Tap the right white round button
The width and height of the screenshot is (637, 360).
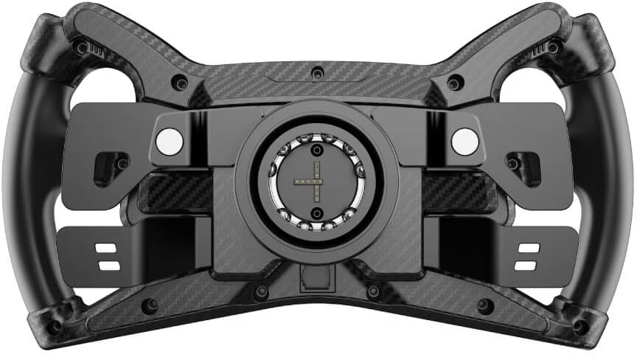coord(464,140)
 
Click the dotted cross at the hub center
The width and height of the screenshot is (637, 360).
coord(317,181)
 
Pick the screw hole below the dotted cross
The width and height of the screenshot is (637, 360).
coord(317,212)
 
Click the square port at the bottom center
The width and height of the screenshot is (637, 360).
coord(317,278)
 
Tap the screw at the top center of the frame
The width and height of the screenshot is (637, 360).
coord(318,73)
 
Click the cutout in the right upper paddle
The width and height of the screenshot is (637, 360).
coord(523,165)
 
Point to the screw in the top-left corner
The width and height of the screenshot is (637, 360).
coord(80,47)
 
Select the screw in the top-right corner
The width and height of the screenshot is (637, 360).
coord(552,47)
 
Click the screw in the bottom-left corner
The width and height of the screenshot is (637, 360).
coord(53,325)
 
